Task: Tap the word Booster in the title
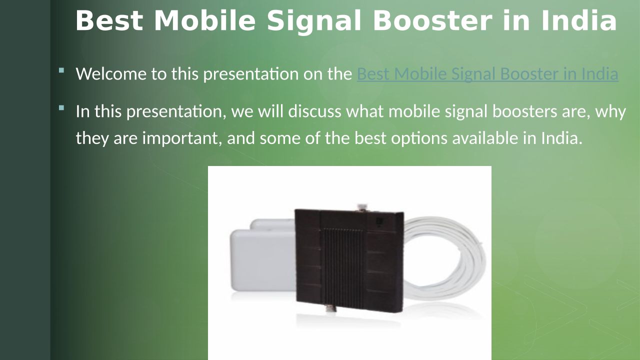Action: pos(432,20)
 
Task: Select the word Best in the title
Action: pos(109,20)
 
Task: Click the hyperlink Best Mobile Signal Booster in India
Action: pos(487,73)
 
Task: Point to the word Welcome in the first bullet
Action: pos(111,73)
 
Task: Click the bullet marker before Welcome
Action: pos(61,70)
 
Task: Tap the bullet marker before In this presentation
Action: pos(61,108)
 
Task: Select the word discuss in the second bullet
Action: pos(314,111)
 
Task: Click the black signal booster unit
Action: pos(349,260)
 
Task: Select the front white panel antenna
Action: pos(263,260)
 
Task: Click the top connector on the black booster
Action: pos(362,207)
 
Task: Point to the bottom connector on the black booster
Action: pos(330,308)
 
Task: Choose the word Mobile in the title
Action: pos(204,20)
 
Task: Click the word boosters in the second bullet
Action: pos(524,111)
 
